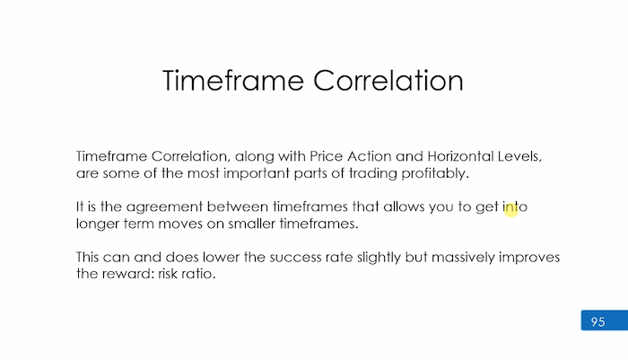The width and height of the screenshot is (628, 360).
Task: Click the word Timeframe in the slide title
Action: [233, 81]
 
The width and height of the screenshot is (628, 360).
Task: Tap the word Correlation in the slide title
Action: [388, 81]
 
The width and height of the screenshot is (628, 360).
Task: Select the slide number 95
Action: [597, 321]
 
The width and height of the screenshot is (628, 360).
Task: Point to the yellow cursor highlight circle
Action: [511, 210]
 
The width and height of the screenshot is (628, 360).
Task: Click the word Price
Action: [327, 156]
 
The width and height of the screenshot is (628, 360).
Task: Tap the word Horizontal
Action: [460, 156]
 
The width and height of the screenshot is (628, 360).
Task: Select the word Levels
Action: [519, 156]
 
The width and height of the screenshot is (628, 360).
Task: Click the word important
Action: [257, 173]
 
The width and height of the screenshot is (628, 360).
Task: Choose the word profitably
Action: [435, 173]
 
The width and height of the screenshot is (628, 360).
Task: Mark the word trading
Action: [373, 173]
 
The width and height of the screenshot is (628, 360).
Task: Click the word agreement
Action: [164, 206]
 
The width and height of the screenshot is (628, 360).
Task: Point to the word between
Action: [238, 206]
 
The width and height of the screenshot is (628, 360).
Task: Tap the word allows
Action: [404, 206]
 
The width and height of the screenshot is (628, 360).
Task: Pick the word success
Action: [295, 257]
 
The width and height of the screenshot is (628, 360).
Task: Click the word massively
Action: [463, 258]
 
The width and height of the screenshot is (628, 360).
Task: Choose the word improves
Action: [529, 258]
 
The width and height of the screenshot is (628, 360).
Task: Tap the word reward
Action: [128, 274]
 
